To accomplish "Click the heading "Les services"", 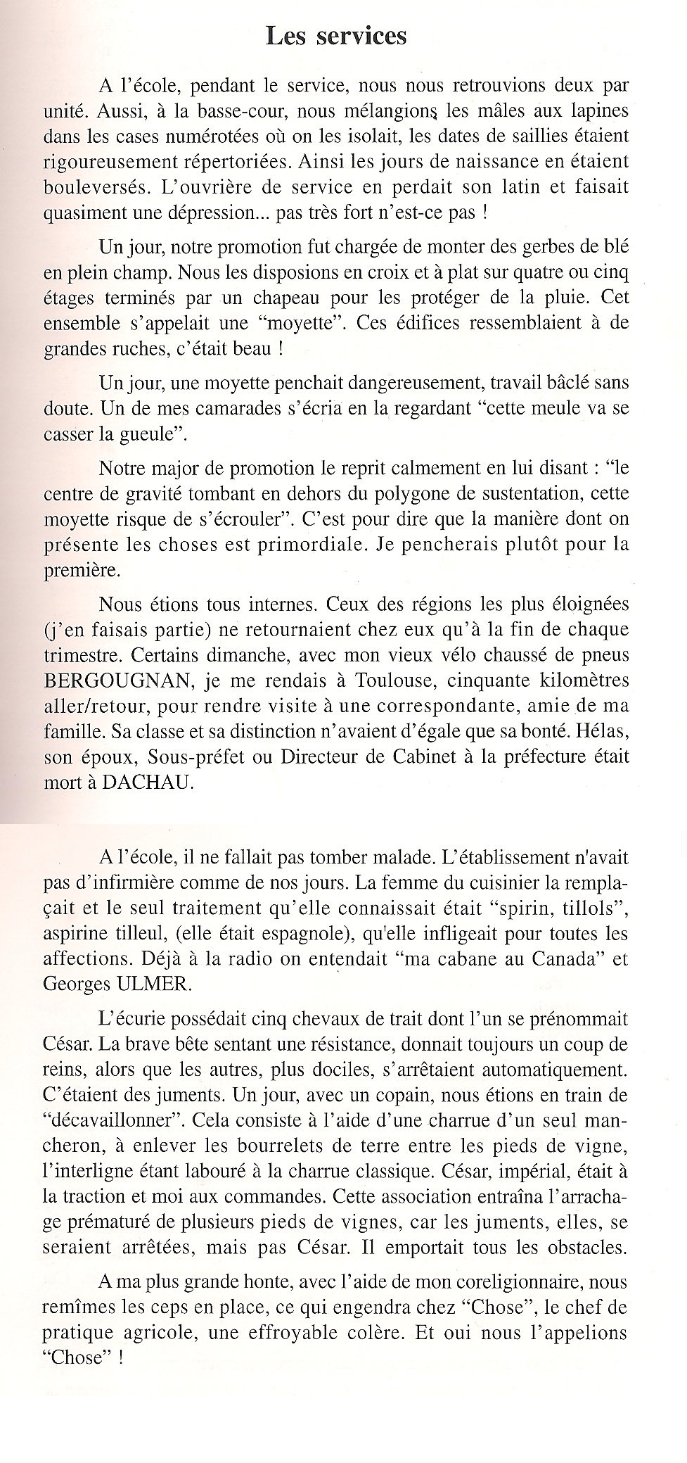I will tap(336, 35).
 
